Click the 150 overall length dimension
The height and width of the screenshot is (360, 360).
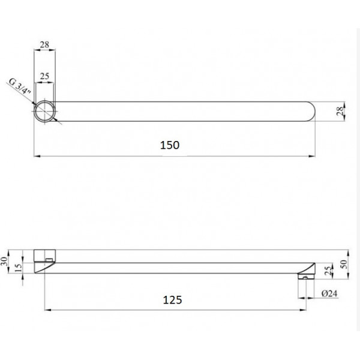coord(171,145)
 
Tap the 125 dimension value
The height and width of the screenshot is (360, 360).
coord(172,298)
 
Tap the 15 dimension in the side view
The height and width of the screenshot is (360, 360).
coord(20,267)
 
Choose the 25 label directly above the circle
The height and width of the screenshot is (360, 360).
coord(44,76)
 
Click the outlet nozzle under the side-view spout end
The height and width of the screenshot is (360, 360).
coord(305,277)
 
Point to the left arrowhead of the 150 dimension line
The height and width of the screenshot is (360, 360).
coord(36,157)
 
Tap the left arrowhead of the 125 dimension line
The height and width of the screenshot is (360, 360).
coord(47,310)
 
